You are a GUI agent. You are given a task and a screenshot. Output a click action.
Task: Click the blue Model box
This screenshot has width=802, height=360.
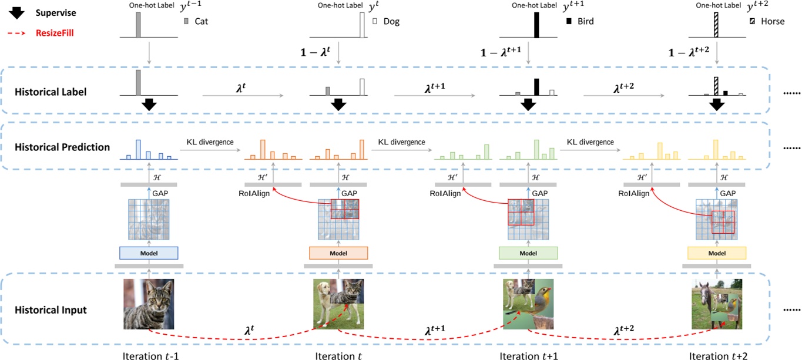pyautogui.click(x=149, y=253)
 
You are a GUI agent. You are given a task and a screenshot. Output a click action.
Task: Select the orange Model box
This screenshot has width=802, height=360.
pyautogui.click(x=338, y=253)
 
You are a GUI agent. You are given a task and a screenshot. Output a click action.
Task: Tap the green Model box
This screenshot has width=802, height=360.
pyautogui.click(x=528, y=253)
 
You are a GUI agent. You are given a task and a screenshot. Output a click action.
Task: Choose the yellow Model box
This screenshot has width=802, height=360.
pyautogui.click(x=717, y=253)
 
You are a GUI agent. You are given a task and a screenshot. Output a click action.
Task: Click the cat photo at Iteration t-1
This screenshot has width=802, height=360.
pyautogui.click(x=149, y=304)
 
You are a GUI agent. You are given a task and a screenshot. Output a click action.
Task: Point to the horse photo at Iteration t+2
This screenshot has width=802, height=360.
pyautogui.click(x=717, y=304)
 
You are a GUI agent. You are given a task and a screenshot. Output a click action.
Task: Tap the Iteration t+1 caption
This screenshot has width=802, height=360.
pyautogui.click(x=527, y=355)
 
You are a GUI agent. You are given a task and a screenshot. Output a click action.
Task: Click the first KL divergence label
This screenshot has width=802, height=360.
pyautogui.click(x=210, y=142)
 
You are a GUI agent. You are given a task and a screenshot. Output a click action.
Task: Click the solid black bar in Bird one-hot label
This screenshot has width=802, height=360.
pyautogui.click(x=536, y=25)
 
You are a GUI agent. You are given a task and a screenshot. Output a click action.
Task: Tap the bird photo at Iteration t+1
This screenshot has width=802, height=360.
pyautogui.click(x=528, y=304)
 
